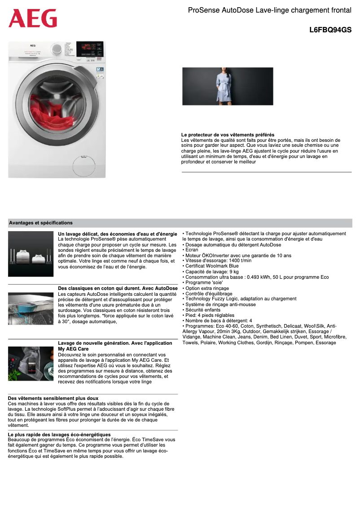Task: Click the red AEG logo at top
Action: click(x=33, y=18)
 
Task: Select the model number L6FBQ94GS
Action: click(x=330, y=31)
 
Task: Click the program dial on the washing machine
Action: click(x=57, y=49)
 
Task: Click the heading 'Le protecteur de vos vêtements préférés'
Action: click(x=228, y=135)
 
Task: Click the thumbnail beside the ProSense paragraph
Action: click(x=31, y=254)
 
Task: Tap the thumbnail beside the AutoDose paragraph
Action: click(x=31, y=308)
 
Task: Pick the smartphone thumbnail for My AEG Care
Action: click(x=31, y=364)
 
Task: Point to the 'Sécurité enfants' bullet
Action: click(x=202, y=310)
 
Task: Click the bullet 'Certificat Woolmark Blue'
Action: click(x=211, y=266)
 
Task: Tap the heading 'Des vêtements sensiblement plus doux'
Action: click(x=53, y=398)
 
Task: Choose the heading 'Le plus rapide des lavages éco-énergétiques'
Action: click(x=59, y=434)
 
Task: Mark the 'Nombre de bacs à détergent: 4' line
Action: click(x=217, y=320)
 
